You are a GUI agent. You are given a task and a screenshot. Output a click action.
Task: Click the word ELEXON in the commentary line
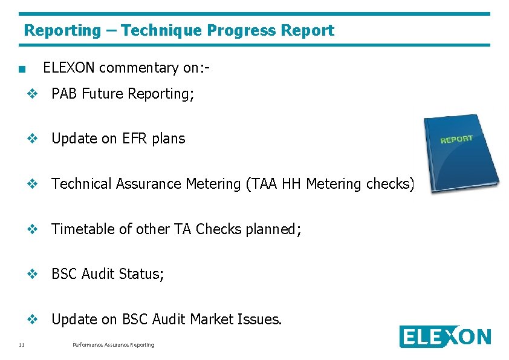[x=69, y=68]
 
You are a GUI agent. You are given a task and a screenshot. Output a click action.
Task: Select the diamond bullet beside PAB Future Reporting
[x=33, y=94]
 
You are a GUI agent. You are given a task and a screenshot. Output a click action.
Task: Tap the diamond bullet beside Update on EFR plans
[x=33, y=139]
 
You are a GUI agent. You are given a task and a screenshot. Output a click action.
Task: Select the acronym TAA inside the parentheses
[x=262, y=184]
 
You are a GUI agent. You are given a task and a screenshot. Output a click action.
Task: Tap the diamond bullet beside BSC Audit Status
[x=33, y=274]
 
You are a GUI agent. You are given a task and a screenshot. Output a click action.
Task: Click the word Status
[x=142, y=274]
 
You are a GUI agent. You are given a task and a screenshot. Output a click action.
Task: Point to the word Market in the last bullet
[x=212, y=319]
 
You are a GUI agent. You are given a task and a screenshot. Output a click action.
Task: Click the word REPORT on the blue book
[x=456, y=139]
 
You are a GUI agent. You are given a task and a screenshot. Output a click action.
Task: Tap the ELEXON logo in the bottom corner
[x=445, y=337]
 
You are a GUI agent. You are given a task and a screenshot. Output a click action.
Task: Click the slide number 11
[x=22, y=345]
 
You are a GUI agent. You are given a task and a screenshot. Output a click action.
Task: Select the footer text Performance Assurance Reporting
[x=113, y=345]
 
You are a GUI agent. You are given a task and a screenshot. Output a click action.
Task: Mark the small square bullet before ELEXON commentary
[x=22, y=69]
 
